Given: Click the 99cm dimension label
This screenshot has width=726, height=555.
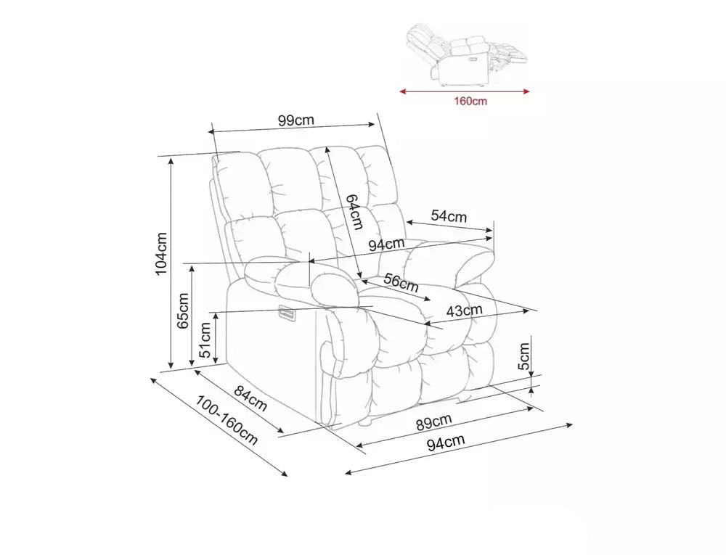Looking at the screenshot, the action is coord(296,120).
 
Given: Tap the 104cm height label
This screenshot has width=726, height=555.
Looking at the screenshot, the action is coord(161,254).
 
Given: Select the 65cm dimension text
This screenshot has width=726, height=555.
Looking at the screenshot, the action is coord(184,311).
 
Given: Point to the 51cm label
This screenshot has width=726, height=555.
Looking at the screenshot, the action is coord(205,340).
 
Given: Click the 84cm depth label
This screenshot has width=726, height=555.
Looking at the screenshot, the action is coord(250,398).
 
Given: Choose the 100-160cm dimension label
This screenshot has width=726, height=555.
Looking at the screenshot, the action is coord(227,420).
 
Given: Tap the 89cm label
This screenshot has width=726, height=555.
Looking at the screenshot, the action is coord(433,422).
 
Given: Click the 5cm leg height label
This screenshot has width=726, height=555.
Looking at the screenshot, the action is coord(523,356).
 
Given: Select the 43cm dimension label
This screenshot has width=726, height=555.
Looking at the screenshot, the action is coord(465,311).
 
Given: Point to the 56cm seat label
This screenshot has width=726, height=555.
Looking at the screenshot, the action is coord(401,283).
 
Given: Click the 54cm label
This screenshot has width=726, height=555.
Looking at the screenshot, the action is coord(449,216).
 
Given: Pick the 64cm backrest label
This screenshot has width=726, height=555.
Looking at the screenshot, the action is coord(355,211).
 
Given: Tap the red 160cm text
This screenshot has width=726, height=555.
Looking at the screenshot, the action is coord(470,101).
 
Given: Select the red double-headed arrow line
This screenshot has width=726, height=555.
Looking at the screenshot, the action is coord(465,91).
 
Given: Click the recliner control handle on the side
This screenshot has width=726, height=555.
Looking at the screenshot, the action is coord(287,313).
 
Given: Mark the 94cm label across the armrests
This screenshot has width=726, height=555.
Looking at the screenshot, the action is coord(387,244).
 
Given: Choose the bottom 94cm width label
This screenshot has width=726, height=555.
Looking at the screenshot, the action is coord(446,442).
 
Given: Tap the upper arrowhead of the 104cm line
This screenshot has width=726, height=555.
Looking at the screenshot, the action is coord(171,160).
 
